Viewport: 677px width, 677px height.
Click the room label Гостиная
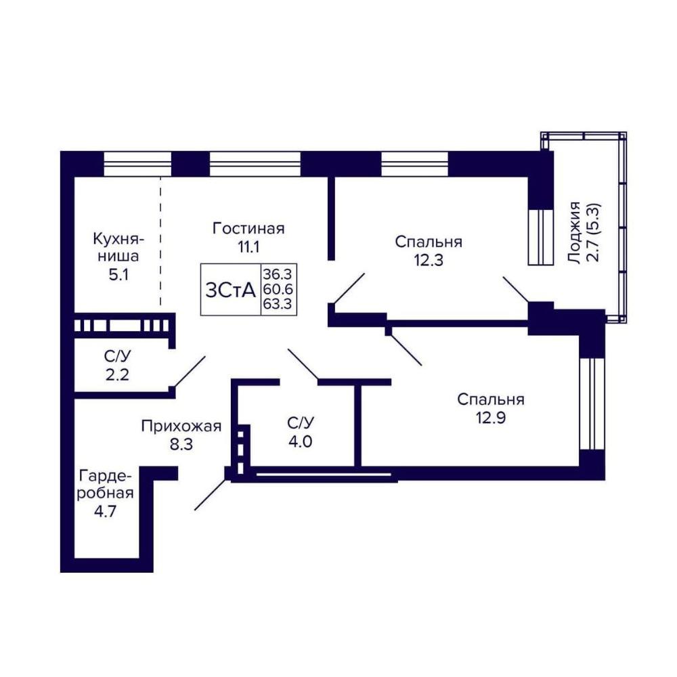click(x=248, y=228)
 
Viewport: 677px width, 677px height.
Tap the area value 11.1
click(x=248, y=247)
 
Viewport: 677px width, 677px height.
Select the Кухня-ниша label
click(x=118, y=247)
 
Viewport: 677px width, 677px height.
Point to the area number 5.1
click(x=118, y=275)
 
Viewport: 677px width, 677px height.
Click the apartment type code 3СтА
click(x=231, y=290)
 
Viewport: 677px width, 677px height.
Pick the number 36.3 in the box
click(x=278, y=274)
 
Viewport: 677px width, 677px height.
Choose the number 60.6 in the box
click(x=278, y=289)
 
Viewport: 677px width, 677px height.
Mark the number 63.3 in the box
click(x=278, y=303)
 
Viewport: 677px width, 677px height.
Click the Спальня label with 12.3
click(x=429, y=242)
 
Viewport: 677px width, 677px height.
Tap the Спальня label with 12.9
click(x=491, y=399)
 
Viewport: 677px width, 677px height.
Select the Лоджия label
click(x=575, y=232)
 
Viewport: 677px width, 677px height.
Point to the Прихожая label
click(x=181, y=426)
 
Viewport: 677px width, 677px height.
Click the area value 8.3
click(x=181, y=444)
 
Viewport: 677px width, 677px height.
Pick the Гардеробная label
click(x=106, y=485)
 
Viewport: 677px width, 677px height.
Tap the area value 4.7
click(x=106, y=511)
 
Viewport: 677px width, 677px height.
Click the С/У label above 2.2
click(x=117, y=356)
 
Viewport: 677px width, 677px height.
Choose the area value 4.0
click(x=300, y=441)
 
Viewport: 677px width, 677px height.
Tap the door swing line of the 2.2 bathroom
click(x=190, y=371)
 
